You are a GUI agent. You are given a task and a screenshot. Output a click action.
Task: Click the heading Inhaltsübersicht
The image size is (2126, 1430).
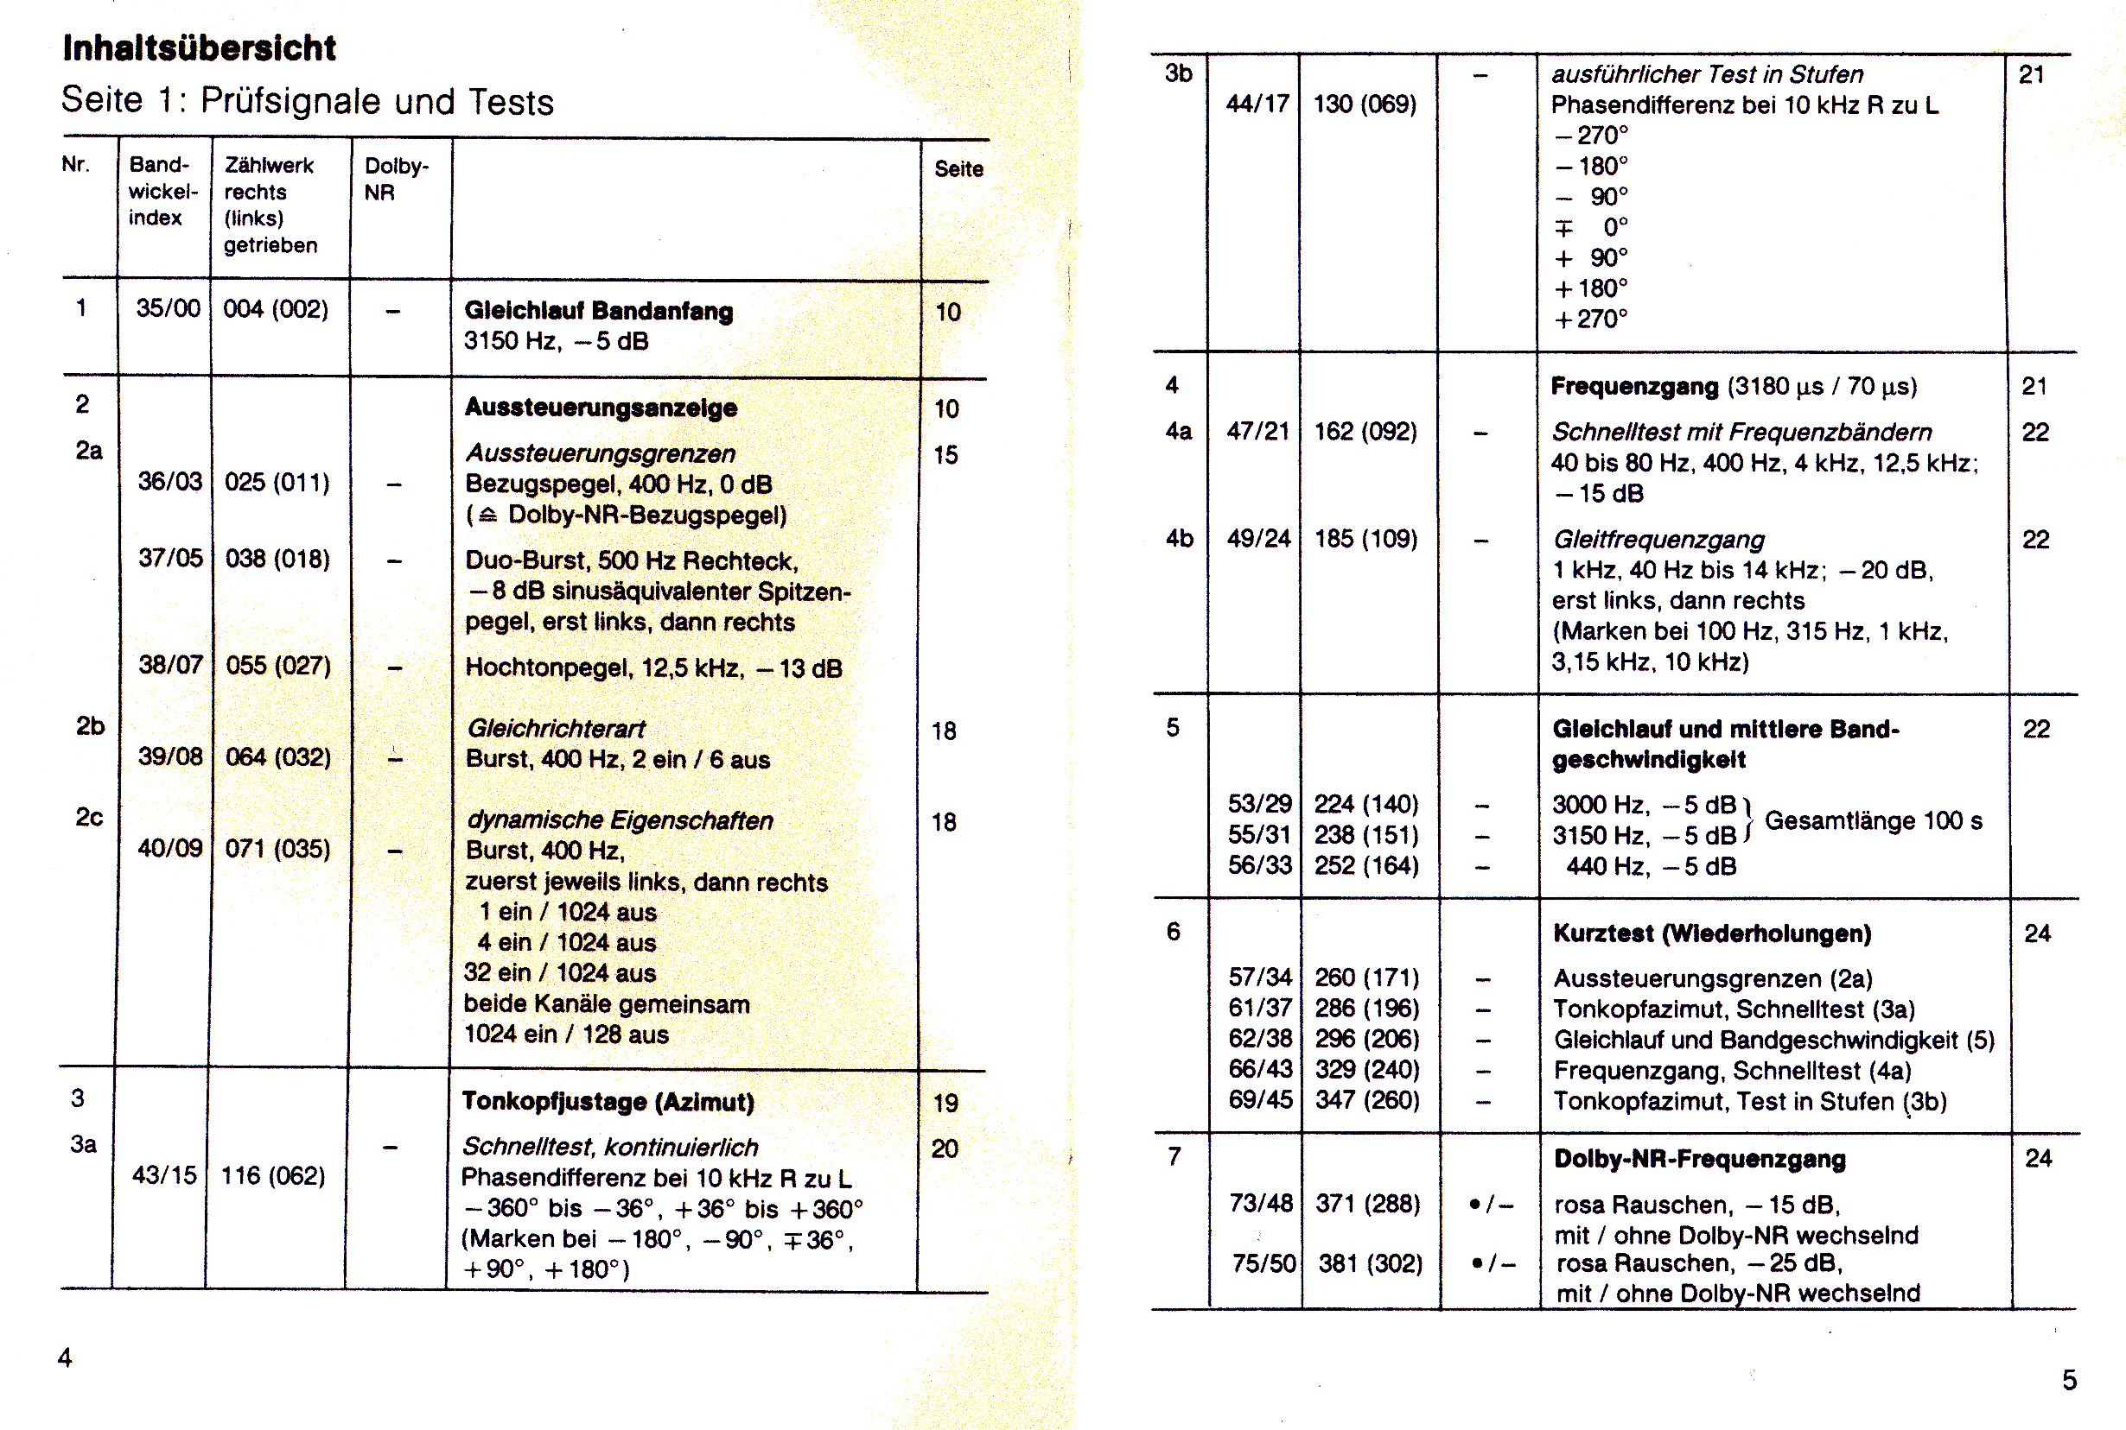point(199,47)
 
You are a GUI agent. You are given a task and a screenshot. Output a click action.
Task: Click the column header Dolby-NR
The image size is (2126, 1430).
point(396,179)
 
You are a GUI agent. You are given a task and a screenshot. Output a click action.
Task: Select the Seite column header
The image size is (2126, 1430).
point(958,168)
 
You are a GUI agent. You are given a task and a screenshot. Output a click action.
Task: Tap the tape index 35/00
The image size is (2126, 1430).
point(168,308)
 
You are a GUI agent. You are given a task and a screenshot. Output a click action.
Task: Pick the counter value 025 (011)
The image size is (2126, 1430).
point(277,482)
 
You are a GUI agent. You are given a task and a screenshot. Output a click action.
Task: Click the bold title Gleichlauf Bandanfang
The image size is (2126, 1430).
point(599,311)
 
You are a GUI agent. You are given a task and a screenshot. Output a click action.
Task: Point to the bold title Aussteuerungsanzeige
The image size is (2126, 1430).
point(601,408)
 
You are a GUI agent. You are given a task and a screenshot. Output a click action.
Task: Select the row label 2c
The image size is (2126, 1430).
point(89,817)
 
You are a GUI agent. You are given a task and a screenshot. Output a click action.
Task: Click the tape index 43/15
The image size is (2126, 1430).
point(164,1175)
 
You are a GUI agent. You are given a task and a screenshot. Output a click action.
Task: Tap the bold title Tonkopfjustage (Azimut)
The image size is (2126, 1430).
point(608,1102)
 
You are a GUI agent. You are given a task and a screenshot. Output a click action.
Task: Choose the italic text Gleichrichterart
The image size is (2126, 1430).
point(556,729)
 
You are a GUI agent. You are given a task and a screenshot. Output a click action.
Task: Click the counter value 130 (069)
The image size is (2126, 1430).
point(1364,104)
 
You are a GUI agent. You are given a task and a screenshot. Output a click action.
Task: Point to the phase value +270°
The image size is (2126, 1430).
point(1591,320)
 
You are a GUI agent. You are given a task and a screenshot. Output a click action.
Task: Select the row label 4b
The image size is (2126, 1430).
point(1179,539)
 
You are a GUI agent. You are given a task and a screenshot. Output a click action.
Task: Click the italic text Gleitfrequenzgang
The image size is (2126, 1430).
point(1658,540)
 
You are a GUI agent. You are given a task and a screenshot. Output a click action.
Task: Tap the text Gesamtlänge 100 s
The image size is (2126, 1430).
point(1874,821)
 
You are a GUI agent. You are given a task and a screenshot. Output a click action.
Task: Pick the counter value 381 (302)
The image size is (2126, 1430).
point(1370,1264)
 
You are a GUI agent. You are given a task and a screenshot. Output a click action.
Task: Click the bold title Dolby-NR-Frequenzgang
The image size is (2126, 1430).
point(1699,1159)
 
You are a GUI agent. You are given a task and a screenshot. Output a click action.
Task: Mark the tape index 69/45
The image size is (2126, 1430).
point(1260,1100)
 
